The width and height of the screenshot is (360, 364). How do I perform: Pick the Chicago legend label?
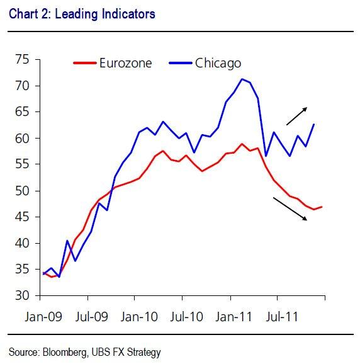coord(218,62)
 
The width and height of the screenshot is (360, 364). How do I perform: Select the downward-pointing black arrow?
coord(290,207)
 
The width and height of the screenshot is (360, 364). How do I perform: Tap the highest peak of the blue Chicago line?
coord(242,79)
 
